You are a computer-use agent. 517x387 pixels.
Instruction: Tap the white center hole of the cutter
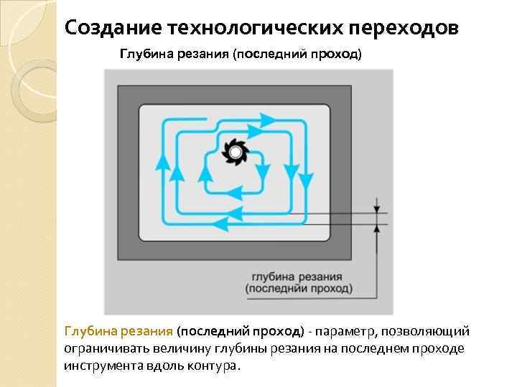pos(235,151)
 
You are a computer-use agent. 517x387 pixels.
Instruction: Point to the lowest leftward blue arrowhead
pos(223,224)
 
